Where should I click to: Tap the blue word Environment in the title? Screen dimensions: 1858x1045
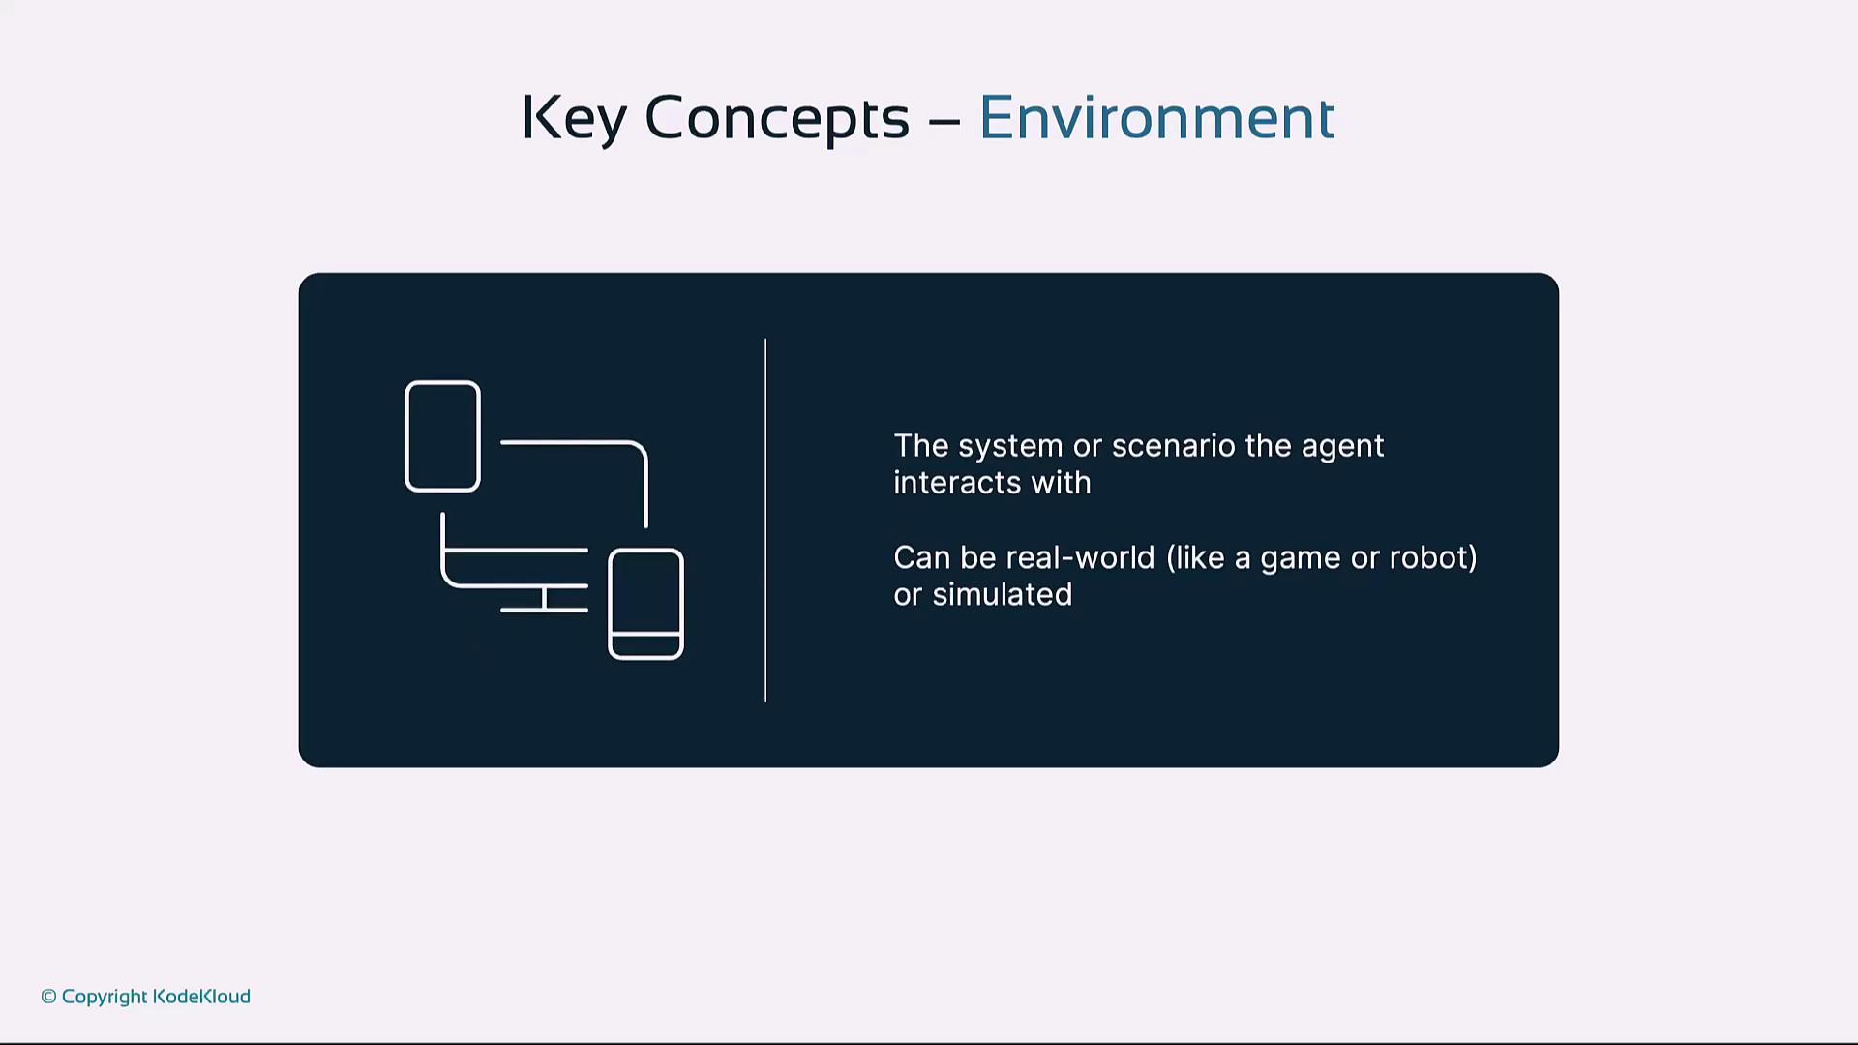point(1157,118)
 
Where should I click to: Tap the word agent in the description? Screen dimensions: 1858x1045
point(1343,447)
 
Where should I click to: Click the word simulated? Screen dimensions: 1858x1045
point(1003,594)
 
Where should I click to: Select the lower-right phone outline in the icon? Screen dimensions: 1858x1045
point(645,549)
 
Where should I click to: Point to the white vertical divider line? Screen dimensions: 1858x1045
point(765,521)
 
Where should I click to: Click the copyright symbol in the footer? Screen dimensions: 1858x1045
point(48,997)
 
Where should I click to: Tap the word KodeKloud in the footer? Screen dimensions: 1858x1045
point(201,997)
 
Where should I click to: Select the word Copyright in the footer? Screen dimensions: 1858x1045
point(105,998)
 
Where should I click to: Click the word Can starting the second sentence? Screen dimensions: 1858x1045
point(922,558)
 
